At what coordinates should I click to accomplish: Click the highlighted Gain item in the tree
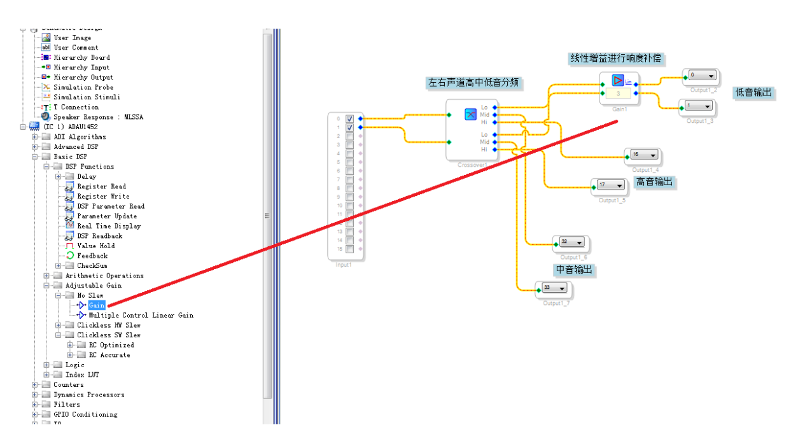97,305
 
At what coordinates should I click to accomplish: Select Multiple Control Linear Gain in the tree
141,316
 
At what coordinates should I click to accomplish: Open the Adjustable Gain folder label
93,286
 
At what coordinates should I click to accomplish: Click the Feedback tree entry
92,256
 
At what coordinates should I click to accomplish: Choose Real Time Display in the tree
109,226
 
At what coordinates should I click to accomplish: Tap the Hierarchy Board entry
81,57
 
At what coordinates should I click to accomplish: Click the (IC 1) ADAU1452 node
74,127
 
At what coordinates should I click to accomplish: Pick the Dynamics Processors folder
88,395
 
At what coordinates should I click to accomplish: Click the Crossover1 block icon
470,115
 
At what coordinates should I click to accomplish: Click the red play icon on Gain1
618,81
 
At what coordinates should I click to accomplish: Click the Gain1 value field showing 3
618,94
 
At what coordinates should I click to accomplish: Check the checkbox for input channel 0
349,119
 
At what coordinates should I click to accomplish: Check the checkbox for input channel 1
349,127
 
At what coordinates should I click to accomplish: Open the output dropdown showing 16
643,155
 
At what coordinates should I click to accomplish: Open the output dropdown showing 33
554,288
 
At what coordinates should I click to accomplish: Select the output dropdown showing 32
571,242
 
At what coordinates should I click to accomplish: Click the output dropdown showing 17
610,185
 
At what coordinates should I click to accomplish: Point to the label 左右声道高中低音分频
473,83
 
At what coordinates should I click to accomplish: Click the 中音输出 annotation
575,270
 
